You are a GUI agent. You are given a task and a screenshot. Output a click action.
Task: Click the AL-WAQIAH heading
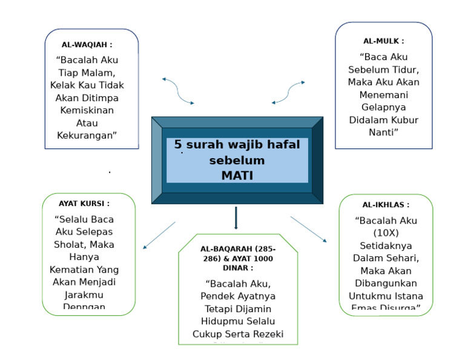tap(87, 45)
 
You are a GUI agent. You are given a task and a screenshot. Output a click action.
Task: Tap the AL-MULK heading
tap(383, 41)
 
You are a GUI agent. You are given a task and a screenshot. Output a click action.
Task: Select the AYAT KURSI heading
tap(84, 204)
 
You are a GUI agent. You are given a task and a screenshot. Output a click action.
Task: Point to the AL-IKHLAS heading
tap(386, 205)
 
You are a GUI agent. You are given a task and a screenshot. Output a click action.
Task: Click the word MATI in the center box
tap(237, 175)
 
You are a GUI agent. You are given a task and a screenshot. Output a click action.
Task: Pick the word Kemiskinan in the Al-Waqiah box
tap(87, 110)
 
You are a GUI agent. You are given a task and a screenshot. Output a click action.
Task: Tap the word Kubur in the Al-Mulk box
tap(403, 120)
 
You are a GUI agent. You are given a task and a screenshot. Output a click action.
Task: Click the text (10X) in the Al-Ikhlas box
tap(386, 233)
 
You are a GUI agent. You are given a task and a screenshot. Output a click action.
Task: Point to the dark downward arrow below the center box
tap(236, 218)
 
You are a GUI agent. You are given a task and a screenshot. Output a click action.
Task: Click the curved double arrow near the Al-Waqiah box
tap(178, 91)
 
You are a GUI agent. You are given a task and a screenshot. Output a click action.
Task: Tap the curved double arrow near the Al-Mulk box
tap(288, 93)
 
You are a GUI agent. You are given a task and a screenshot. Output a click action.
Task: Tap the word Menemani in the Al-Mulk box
tap(383, 95)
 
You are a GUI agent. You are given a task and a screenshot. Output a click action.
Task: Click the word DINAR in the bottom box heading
tap(235, 267)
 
